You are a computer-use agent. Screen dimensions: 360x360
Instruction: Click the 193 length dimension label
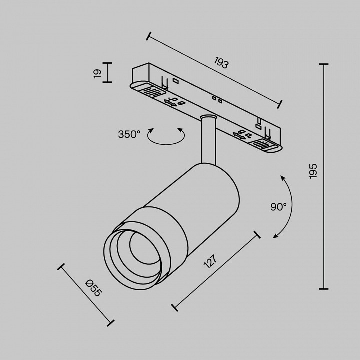tap(221, 63)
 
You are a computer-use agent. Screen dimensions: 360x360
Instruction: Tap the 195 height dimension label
tap(313, 171)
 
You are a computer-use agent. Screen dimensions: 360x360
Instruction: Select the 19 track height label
tap(97, 73)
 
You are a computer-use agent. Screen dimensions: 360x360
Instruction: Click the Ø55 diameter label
tap(93, 289)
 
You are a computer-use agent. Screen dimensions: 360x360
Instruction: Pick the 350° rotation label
tap(129, 134)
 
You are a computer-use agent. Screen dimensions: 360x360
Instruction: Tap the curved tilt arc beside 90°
tap(288, 206)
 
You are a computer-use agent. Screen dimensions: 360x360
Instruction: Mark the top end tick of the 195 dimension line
tap(323, 64)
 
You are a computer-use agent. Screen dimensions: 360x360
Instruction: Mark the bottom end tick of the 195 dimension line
tap(323, 289)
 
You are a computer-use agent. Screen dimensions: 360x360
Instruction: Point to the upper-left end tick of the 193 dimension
tap(149, 36)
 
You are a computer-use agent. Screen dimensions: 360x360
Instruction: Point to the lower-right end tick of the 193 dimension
tap(280, 104)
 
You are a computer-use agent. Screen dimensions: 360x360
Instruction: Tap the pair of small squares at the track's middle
tap(217, 99)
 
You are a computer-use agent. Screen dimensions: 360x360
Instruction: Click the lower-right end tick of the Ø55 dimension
tap(112, 322)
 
